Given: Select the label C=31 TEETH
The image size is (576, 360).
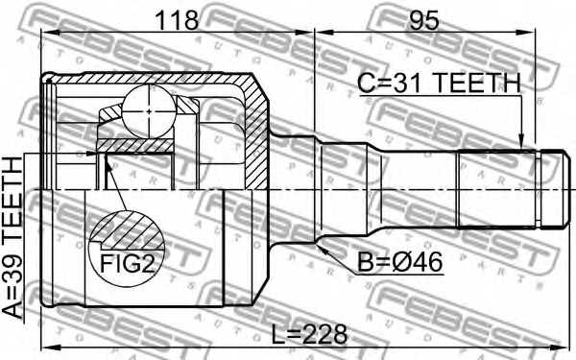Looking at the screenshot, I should (x=439, y=84).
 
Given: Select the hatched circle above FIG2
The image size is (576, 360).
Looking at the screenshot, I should (x=128, y=229).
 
